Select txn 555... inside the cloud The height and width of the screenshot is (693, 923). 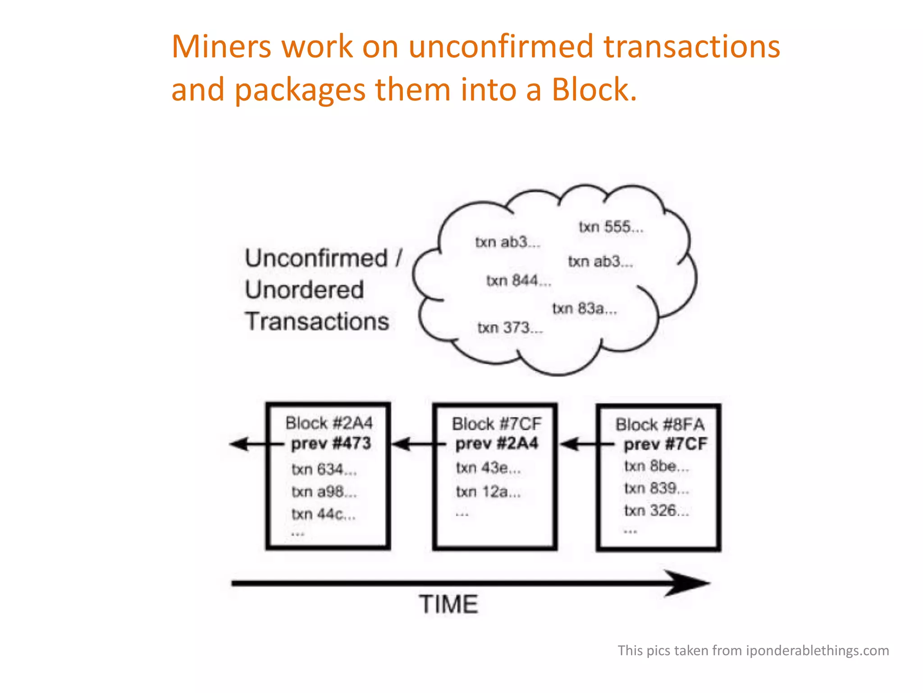[611, 227]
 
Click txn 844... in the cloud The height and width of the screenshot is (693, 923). [518, 281]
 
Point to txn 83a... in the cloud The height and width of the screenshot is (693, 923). [585, 309]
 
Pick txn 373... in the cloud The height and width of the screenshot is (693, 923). [510, 328]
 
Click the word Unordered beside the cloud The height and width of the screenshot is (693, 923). [304, 290]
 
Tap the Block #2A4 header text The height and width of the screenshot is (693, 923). [329, 423]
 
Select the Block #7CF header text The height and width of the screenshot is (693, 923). [496, 424]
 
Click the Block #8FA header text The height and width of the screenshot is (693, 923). [660, 425]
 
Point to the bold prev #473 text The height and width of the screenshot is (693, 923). [331, 444]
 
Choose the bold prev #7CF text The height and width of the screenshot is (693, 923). [665, 444]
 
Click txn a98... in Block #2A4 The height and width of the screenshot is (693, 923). [324, 491]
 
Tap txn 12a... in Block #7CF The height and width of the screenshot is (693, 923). [488, 491]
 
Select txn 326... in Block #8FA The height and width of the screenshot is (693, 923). [656, 511]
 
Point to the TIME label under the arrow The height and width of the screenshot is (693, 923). [448, 605]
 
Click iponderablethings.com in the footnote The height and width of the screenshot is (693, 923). [817, 651]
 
